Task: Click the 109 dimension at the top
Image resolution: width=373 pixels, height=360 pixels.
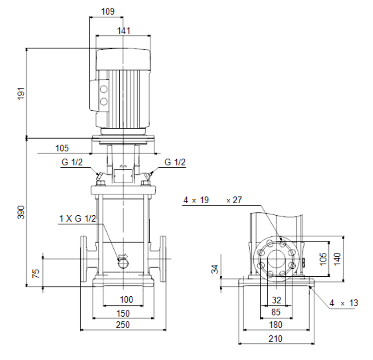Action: click(108, 12)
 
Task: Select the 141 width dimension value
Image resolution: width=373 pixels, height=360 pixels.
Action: click(124, 31)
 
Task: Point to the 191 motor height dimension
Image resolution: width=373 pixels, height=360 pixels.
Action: click(21, 93)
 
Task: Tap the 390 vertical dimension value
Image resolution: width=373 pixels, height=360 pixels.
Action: click(21, 213)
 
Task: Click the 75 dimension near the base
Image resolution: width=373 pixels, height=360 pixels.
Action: click(36, 274)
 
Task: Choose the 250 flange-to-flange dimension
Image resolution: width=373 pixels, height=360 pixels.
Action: click(123, 325)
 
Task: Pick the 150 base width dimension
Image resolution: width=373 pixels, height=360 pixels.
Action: click(123, 314)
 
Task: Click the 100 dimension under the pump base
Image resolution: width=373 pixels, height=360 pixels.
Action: click(126, 299)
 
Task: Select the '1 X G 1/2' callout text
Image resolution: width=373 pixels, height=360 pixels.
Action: click(77, 219)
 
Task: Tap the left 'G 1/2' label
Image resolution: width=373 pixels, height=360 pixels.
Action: click(72, 162)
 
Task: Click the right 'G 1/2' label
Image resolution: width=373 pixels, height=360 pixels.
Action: click(175, 162)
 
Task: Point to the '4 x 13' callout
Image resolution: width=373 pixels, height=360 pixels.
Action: click(343, 303)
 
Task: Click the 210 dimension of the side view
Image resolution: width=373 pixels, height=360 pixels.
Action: click(276, 339)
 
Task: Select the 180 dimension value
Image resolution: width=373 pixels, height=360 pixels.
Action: click(276, 325)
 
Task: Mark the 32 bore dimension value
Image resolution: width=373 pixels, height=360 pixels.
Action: click(277, 300)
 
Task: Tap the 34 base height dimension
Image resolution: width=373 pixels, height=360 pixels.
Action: click(215, 269)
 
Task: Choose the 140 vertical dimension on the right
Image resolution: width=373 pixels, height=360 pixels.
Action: click(337, 259)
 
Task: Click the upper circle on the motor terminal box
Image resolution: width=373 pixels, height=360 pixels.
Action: click(104, 89)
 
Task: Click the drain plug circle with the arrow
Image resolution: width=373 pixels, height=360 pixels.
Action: click(123, 263)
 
